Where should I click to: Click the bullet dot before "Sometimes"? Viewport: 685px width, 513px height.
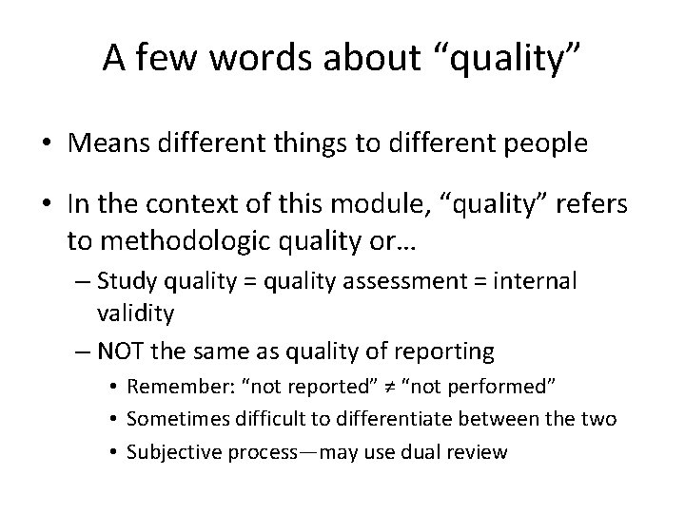click(113, 419)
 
